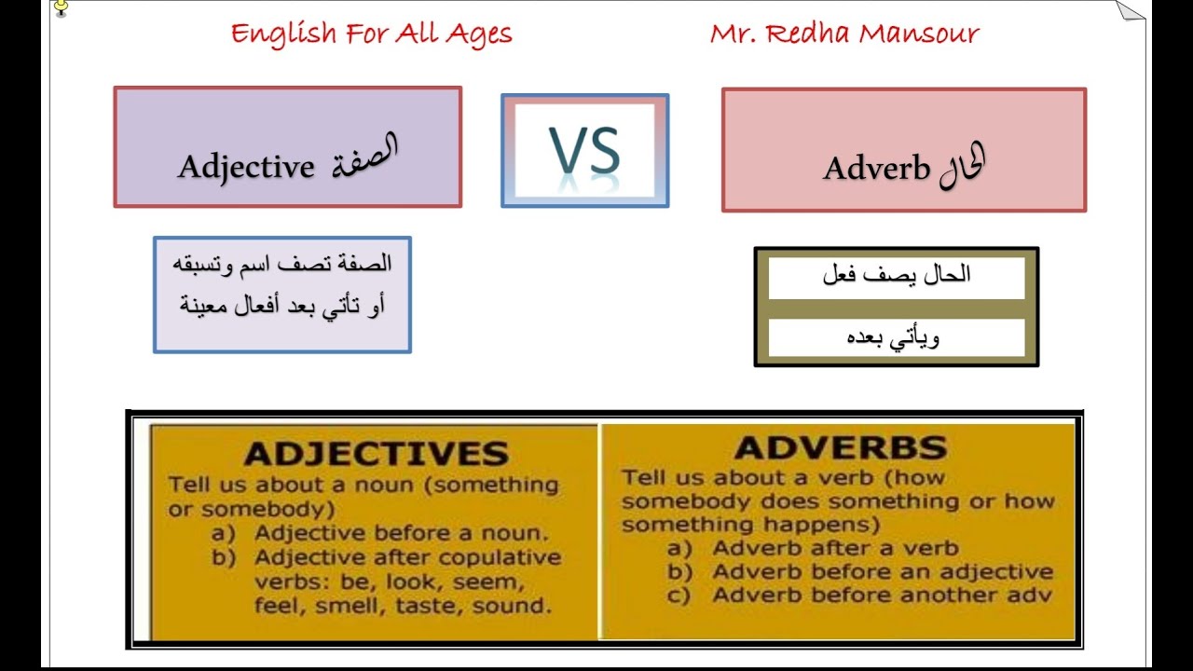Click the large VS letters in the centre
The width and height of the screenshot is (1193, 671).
pyautogui.click(x=584, y=151)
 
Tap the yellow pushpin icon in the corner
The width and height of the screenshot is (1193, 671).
pyautogui.click(x=62, y=8)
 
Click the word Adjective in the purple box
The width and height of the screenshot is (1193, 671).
pyautogui.click(x=246, y=167)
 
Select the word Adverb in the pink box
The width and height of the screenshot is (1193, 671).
pyautogui.click(x=876, y=169)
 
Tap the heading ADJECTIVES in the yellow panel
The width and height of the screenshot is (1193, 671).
pyautogui.click(x=376, y=454)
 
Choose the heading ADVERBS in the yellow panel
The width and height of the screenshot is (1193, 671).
pyautogui.click(x=840, y=447)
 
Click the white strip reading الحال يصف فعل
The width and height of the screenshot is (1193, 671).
pyautogui.click(x=896, y=275)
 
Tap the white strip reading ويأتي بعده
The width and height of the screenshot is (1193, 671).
pyautogui.click(x=896, y=337)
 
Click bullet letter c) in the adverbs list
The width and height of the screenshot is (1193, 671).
pyautogui.click(x=679, y=596)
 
